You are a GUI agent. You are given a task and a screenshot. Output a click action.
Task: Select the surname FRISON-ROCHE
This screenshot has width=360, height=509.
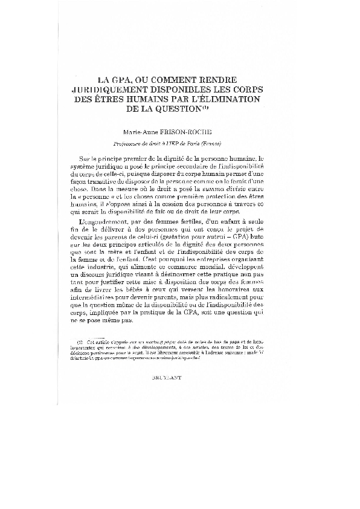194,131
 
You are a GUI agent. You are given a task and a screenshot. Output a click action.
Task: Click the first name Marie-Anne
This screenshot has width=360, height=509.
143,131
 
